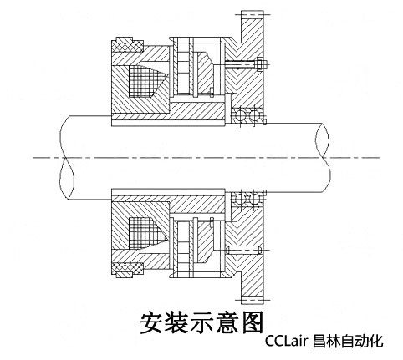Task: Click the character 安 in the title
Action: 150,322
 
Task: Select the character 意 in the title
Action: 227,322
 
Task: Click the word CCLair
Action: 286,340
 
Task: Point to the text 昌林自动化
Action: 348,341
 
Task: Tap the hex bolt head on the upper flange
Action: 260,64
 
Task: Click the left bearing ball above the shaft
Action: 239,115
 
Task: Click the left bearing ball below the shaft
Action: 239,199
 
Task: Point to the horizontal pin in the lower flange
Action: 244,250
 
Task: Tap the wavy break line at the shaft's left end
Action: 67,158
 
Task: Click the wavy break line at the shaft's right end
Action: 323,158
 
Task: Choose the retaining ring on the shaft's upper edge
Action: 264,122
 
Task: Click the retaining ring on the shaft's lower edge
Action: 264,193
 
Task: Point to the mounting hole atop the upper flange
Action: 253,14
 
